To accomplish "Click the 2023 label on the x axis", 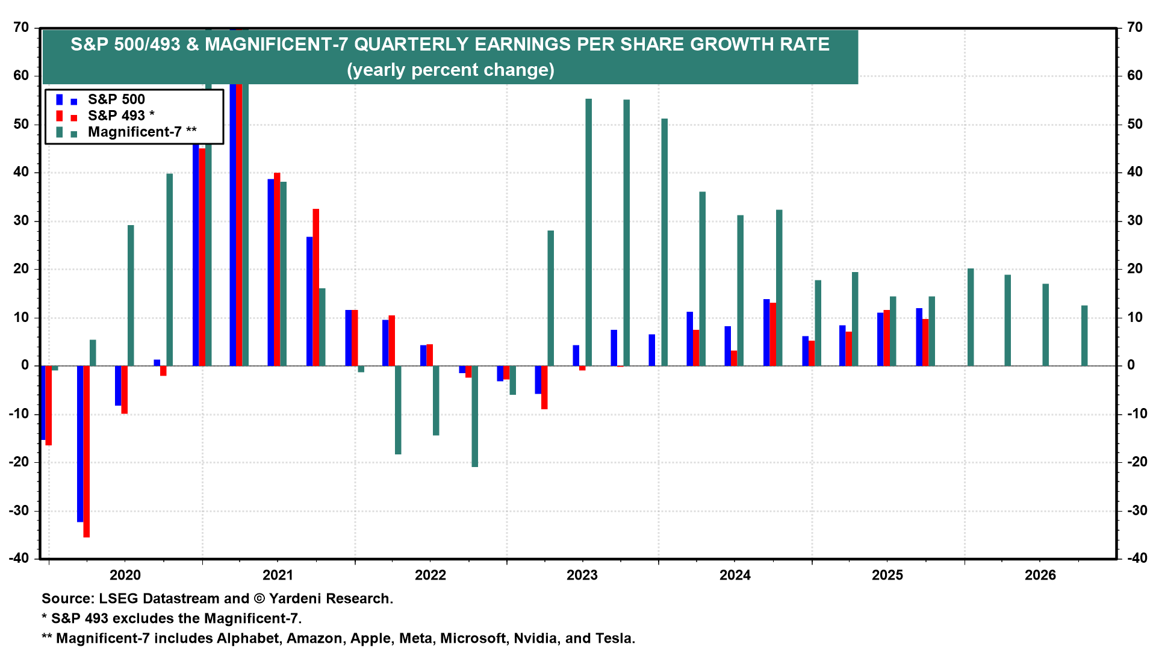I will coord(582,575).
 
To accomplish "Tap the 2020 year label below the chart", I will coord(125,575).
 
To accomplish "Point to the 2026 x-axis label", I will coord(1040,575).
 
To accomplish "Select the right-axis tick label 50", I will coord(1135,124).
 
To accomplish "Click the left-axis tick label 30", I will coord(21,221).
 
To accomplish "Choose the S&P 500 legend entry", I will coord(116,99).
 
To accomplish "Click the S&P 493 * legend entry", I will coord(120,116).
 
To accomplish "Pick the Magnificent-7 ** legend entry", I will coord(141,132).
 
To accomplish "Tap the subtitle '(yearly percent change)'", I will coord(450,70).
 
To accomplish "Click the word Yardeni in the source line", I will coord(299,598).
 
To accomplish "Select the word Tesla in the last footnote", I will coord(614,638).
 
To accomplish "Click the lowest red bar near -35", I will coord(87,451).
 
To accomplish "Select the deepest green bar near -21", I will coord(475,416).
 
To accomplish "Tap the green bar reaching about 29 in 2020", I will coord(131,295).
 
